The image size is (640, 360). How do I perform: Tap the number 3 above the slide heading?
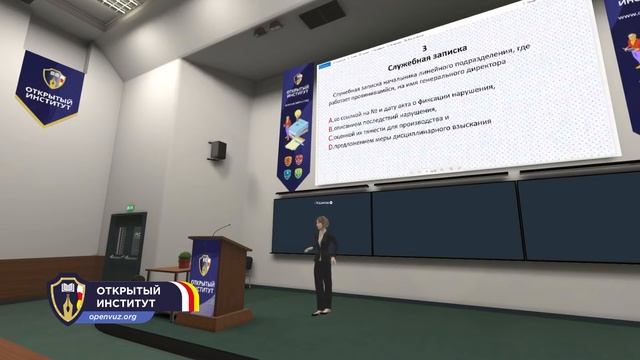[425, 48]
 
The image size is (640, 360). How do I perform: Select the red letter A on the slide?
[330, 119]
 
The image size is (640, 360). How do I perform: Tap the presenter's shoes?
[321, 312]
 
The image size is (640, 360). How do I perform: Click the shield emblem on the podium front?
[205, 265]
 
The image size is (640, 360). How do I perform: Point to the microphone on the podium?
[220, 229]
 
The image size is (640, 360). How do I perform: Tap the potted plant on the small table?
[184, 260]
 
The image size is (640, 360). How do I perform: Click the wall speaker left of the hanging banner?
[217, 150]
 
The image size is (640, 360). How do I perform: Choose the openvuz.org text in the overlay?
[112, 317]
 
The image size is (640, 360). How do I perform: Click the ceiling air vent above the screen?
[321, 13]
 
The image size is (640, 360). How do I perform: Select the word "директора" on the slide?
[487, 71]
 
